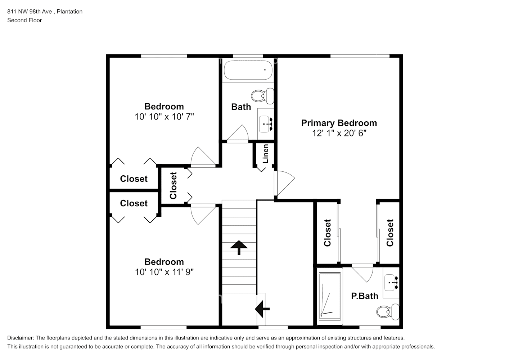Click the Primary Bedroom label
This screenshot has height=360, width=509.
coord(339,123)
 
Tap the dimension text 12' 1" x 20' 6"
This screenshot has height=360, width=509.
coord(339,134)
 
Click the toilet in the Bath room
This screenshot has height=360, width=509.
coord(262,96)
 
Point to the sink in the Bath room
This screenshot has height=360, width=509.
coord(266,123)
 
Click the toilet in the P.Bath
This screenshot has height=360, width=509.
coord(388,311)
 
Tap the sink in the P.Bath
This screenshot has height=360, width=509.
coord(391,283)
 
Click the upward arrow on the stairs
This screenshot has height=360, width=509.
coord(239,247)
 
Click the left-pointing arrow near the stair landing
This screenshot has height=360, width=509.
coord(262,309)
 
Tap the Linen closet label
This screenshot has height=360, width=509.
coord(266,154)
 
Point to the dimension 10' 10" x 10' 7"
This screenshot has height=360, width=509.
coord(164,117)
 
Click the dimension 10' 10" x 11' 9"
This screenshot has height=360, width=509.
coord(164,272)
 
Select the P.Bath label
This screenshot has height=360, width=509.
coord(365,296)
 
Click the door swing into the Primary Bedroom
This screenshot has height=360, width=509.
coord(284,183)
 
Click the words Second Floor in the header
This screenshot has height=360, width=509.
coord(24,21)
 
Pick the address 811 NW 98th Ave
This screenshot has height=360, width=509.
coord(30,12)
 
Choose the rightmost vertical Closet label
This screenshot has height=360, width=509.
coord(390,233)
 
